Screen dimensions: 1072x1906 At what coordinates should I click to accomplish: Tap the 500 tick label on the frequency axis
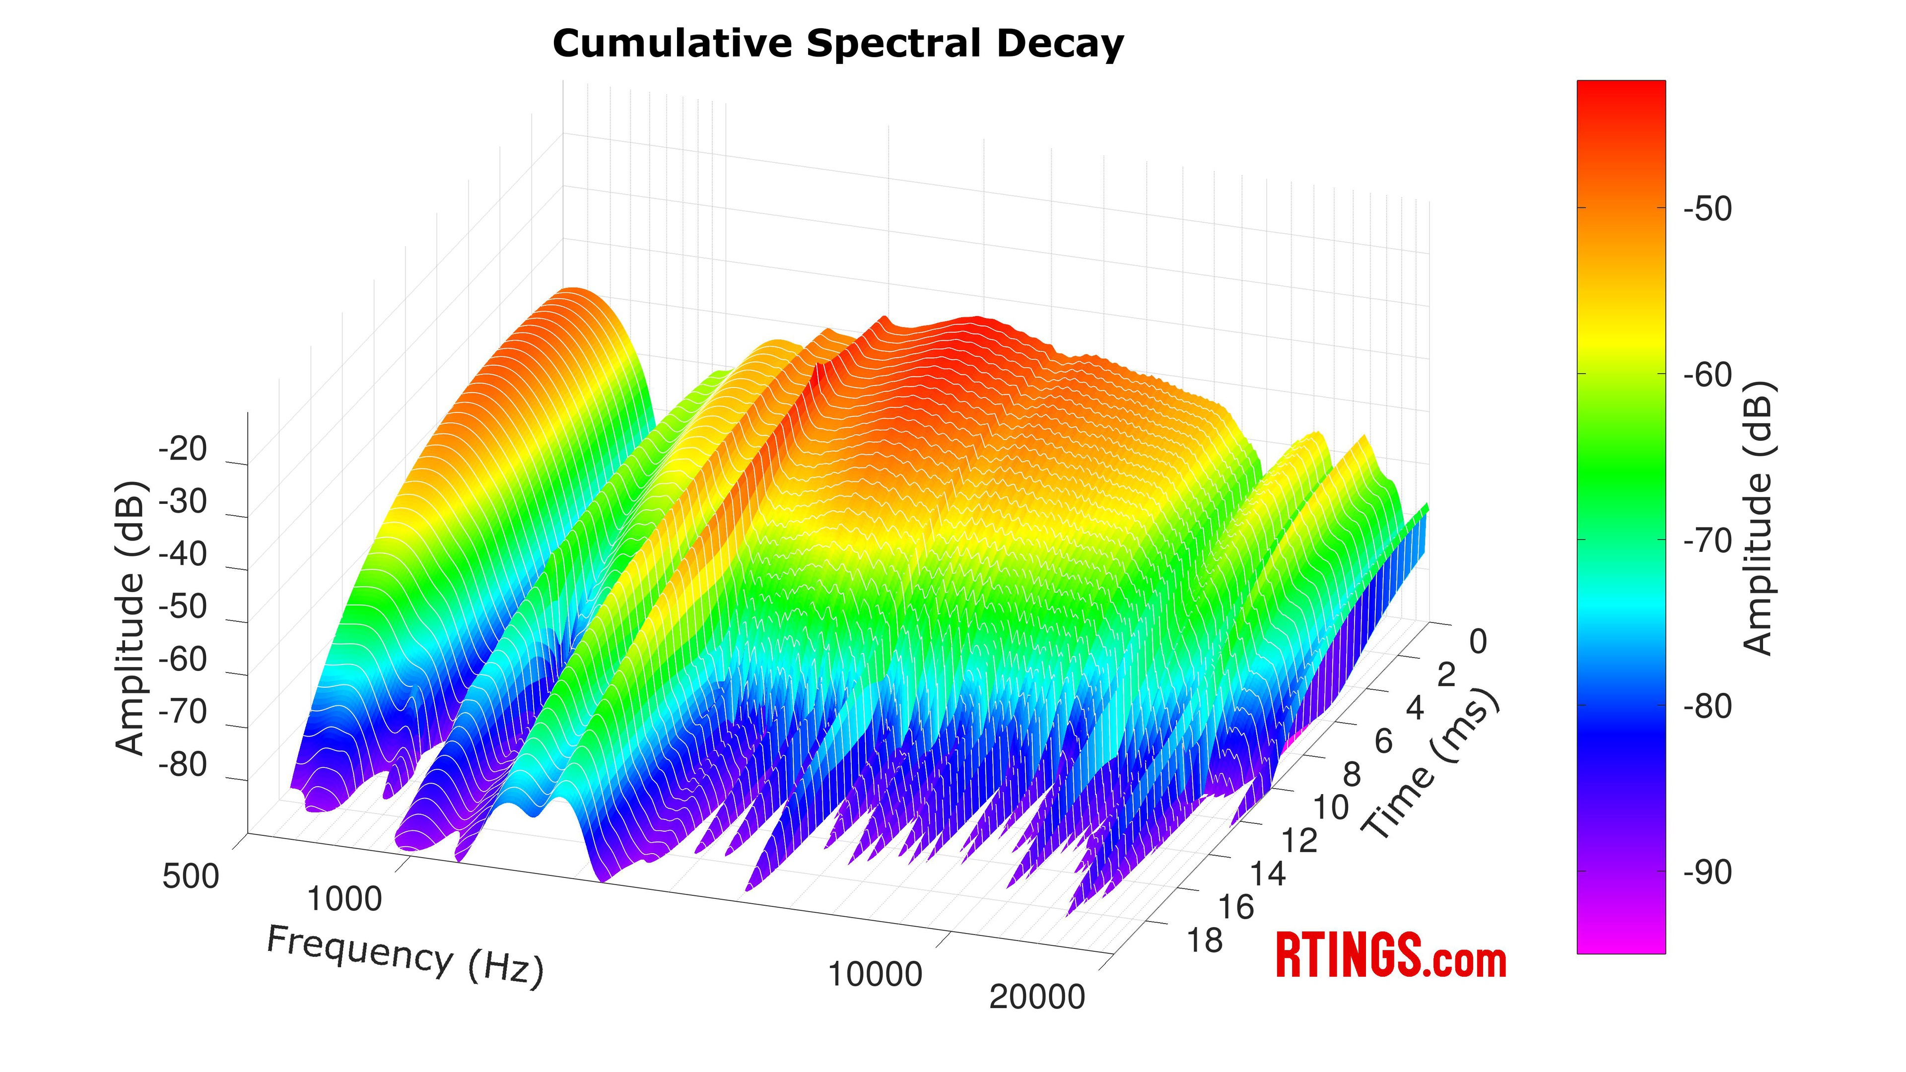click(x=191, y=876)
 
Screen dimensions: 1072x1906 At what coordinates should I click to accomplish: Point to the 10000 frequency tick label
click(x=875, y=974)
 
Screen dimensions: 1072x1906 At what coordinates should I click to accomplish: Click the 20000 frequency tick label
click(x=1036, y=997)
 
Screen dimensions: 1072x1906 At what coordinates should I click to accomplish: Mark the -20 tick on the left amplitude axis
click(x=183, y=449)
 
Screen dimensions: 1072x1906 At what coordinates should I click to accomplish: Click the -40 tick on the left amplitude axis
click(x=183, y=554)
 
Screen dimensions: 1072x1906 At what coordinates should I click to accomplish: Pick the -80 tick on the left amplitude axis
click(x=183, y=764)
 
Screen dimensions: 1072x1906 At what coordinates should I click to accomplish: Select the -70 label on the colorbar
click(x=1707, y=541)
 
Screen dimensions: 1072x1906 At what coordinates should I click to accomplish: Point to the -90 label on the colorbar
click(x=1707, y=873)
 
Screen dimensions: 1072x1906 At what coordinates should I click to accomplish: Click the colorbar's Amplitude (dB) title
click(x=1758, y=518)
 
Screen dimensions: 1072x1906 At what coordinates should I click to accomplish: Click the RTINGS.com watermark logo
click(x=1391, y=956)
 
